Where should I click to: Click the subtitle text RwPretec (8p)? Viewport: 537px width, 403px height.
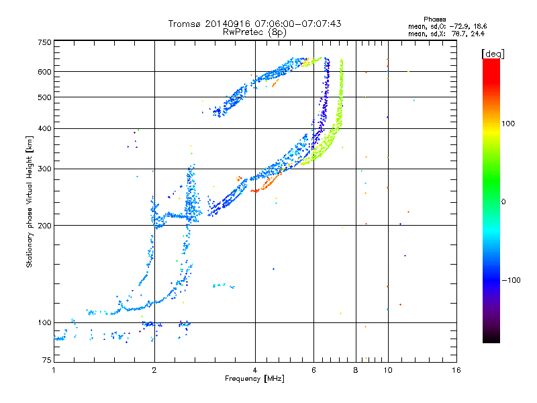point(254,32)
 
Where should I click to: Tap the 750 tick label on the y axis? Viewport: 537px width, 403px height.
point(44,42)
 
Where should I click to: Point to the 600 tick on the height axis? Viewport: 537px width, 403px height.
point(44,72)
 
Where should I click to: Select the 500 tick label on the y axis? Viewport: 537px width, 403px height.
point(44,97)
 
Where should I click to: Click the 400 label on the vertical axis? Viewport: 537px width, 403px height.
point(44,128)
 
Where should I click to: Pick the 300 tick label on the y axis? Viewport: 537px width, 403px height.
point(44,169)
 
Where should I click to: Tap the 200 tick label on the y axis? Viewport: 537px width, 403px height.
point(44,226)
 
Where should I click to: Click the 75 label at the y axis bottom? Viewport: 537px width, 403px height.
point(47,360)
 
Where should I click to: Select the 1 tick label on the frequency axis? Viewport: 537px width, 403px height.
point(54,370)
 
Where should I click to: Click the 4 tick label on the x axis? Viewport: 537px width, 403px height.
point(255,370)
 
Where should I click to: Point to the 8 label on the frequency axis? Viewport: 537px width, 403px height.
point(356,370)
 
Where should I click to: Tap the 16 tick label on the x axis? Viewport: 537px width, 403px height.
point(456,370)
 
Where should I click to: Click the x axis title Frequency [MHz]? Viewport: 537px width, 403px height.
point(254,379)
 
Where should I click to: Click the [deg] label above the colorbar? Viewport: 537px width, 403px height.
point(493,54)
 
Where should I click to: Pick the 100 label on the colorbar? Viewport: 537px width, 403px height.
point(508,124)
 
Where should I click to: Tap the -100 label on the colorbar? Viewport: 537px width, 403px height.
point(511,280)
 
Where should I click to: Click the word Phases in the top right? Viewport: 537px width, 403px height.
point(434,19)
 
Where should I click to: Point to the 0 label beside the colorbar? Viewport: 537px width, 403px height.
point(503,202)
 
